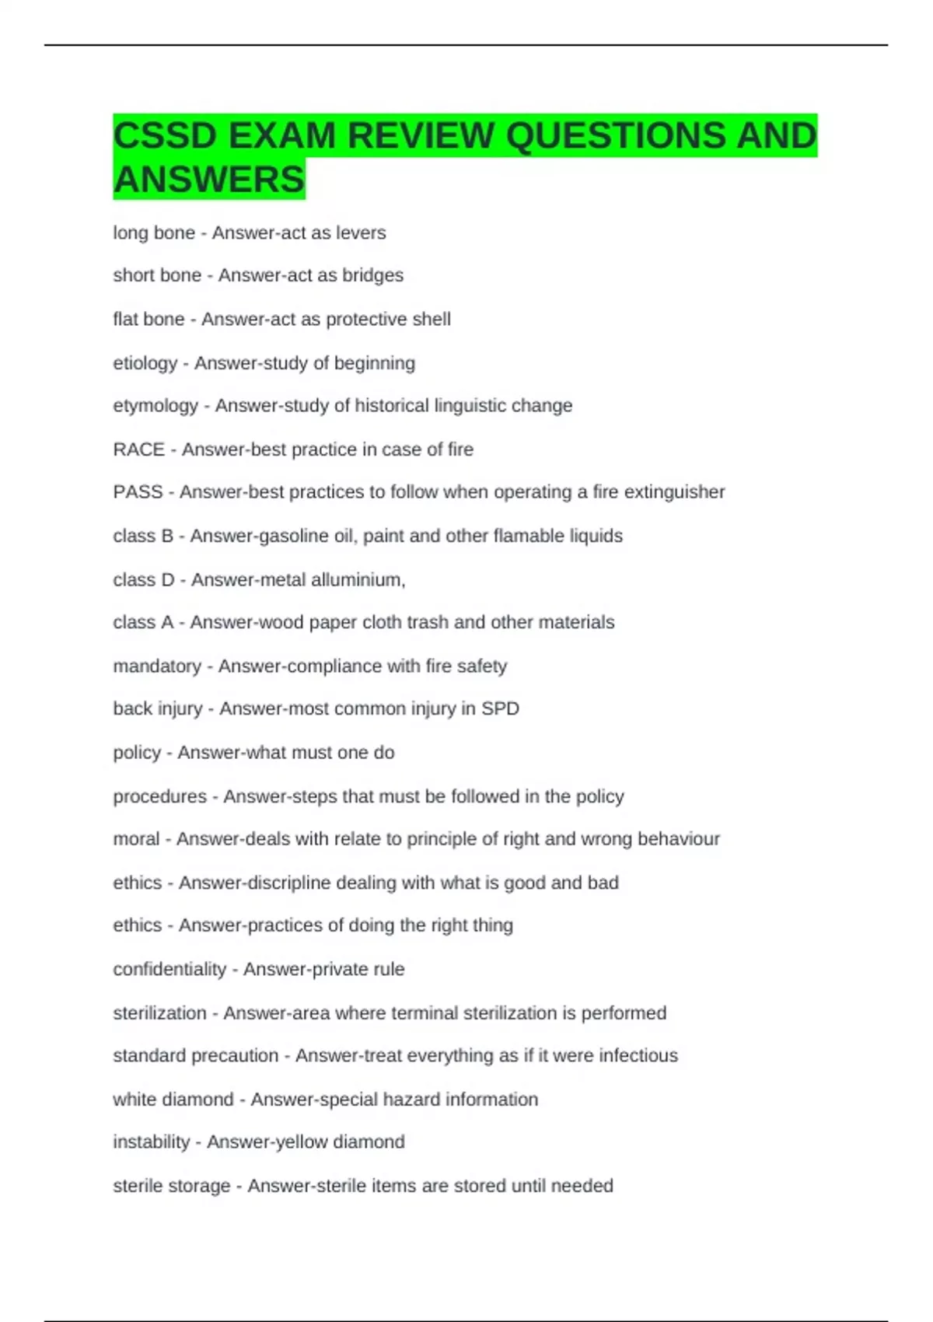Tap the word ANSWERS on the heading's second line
[209, 180]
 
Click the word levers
[362, 233]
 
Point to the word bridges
[373, 275]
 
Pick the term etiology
[145, 363]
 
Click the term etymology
[155, 406]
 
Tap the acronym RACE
[139, 449]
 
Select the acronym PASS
[138, 492]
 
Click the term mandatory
[157, 666]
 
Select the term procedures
[160, 796]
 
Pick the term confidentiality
[169, 969]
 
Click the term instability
[152, 1142]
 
